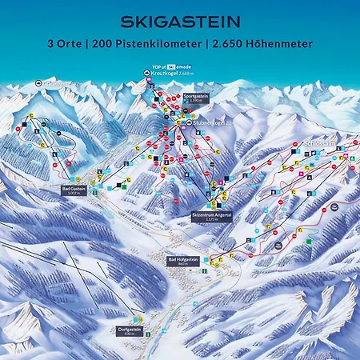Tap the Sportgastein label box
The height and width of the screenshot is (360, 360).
tap(196, 97)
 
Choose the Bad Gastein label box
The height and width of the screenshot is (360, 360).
tap(74, 190)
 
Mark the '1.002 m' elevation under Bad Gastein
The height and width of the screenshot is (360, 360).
tap(74, 193)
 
